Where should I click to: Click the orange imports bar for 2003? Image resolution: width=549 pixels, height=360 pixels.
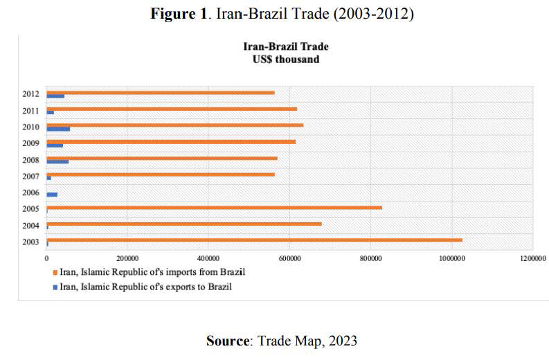click(253, 240)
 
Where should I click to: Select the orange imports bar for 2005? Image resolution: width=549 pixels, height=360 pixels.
click(214, 207)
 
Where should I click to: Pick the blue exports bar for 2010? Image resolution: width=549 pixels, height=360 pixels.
click(58, 129)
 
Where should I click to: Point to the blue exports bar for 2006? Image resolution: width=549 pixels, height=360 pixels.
click(52, 195)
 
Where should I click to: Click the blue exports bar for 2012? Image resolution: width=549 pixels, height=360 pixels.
click(55, 96)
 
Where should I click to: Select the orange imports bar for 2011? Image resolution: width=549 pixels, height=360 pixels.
click(172, 109)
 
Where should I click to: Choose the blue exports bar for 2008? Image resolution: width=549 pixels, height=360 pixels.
click(57, 161)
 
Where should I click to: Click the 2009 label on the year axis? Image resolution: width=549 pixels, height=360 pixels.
click(31, 143)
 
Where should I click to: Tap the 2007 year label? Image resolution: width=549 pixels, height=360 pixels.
click(31, 177)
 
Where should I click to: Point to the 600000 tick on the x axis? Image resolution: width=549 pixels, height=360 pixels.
click(289, 258)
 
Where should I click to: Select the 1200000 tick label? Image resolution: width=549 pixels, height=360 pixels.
click(532, 258)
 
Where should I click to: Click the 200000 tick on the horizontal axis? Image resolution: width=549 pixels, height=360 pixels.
click(127, 258)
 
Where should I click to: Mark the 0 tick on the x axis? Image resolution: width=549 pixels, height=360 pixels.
click(46, 258)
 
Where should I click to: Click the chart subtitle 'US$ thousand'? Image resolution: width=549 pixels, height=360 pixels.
click(286, 60)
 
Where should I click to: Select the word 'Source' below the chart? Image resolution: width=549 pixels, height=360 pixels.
click(228, 340)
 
